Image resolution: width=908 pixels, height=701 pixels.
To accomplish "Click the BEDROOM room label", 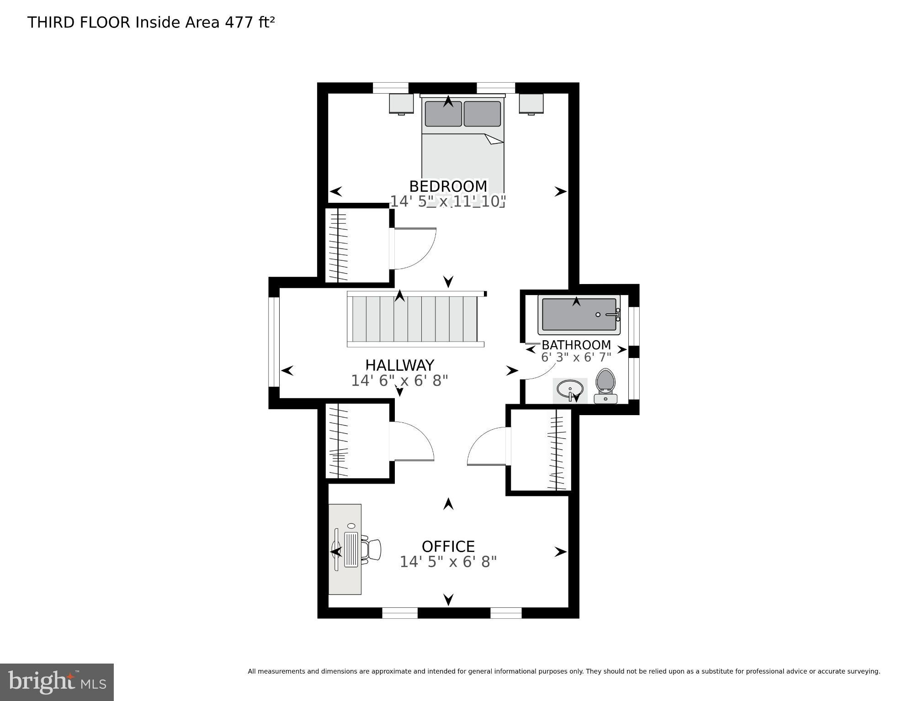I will tap(448, 186).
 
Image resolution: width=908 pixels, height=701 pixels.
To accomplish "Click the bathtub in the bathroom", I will tap(578, 315).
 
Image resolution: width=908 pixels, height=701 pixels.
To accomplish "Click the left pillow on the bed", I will tap(443, 114).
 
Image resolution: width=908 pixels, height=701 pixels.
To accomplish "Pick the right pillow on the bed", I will tap(482, 114).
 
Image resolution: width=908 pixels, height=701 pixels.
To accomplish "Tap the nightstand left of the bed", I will tap(401, 104).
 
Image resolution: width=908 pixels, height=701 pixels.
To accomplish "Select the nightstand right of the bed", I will tap(531, 104).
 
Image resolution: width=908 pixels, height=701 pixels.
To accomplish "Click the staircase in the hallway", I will tap(415, 319).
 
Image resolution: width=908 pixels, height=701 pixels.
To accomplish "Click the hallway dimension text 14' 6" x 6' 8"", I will tap(399, 380).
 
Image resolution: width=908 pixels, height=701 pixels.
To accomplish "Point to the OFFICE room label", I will tap(448, 546).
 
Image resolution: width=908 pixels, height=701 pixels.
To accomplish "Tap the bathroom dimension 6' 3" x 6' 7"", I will tap(576, 357).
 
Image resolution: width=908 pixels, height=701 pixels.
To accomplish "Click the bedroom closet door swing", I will tap(414, 249).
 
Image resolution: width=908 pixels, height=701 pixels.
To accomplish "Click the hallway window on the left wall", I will tap(273, 342).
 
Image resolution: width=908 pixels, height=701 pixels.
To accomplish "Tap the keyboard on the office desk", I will tap(351, 549).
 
